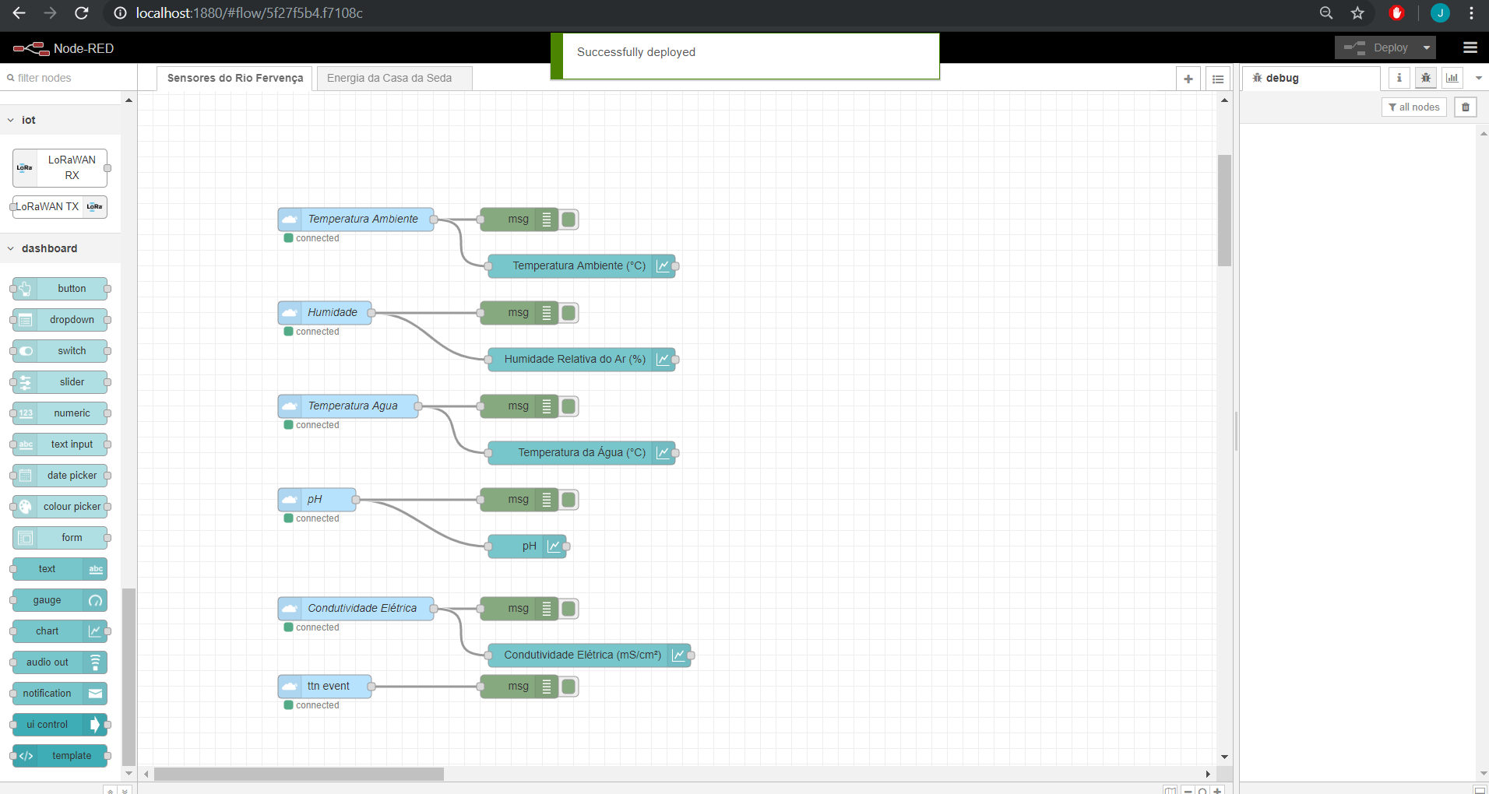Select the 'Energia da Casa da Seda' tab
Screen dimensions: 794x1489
[389, 78]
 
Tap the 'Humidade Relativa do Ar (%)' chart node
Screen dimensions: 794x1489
[575, 360]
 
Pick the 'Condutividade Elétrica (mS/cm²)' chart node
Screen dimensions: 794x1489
[583, 655]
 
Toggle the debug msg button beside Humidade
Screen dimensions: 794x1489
[569, 313]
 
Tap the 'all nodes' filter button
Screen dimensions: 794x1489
[1413, 107]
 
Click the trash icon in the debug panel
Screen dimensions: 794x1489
[1466, 107]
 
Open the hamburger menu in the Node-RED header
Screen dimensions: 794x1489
[1470, 48]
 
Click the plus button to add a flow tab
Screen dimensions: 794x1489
[1188, 79]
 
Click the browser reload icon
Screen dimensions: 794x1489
[81, 13]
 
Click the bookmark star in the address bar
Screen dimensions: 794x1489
[1357, 13]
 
